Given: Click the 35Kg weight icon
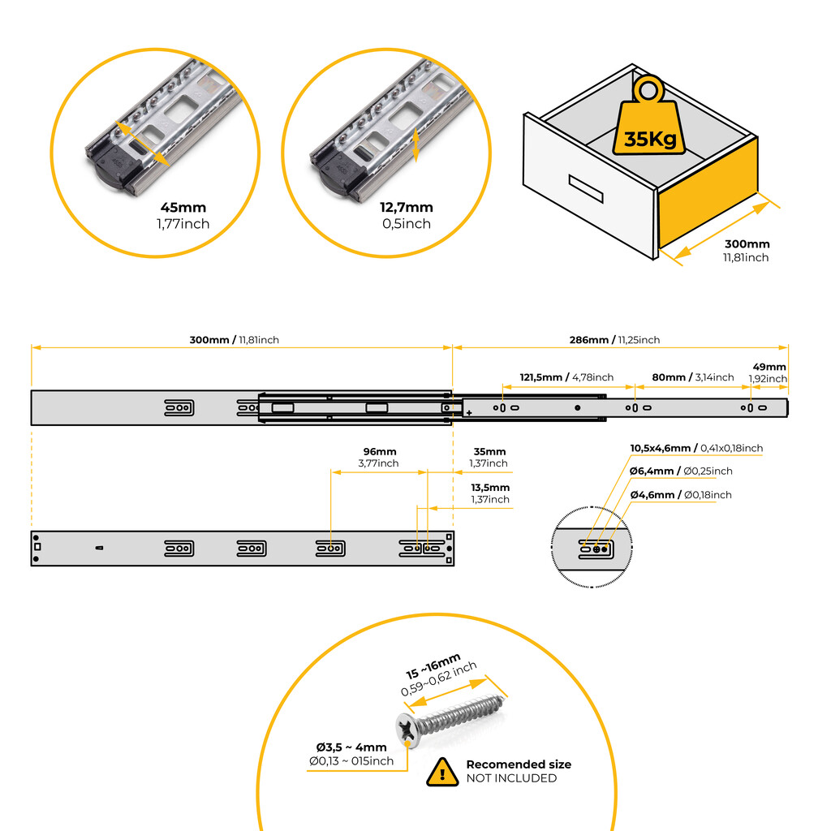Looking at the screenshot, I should click(x=649, y=122).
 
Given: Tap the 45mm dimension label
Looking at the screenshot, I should click(x=183, y=208).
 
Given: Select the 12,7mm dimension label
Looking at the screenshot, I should click(x=407, y=208).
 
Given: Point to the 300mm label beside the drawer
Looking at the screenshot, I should click(x=747, y=243).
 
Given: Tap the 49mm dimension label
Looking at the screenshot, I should click(x=769, y=367).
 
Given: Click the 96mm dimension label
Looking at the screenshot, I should click(x=379, y=451).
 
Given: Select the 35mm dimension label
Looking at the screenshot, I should click(x=489, y=451).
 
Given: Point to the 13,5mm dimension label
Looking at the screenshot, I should click(x=490, y=488).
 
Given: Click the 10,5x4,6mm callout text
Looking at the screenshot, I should click(x=696, y=448).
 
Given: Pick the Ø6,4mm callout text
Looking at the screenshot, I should click(x=681, y=471).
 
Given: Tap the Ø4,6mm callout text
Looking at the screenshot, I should click(x=680, y=495).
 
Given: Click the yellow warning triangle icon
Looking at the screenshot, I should click(x=441, y=772).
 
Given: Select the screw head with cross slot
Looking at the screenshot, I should click(x=409, y=729).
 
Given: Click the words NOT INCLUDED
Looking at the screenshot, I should click(x=511, y=778).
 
